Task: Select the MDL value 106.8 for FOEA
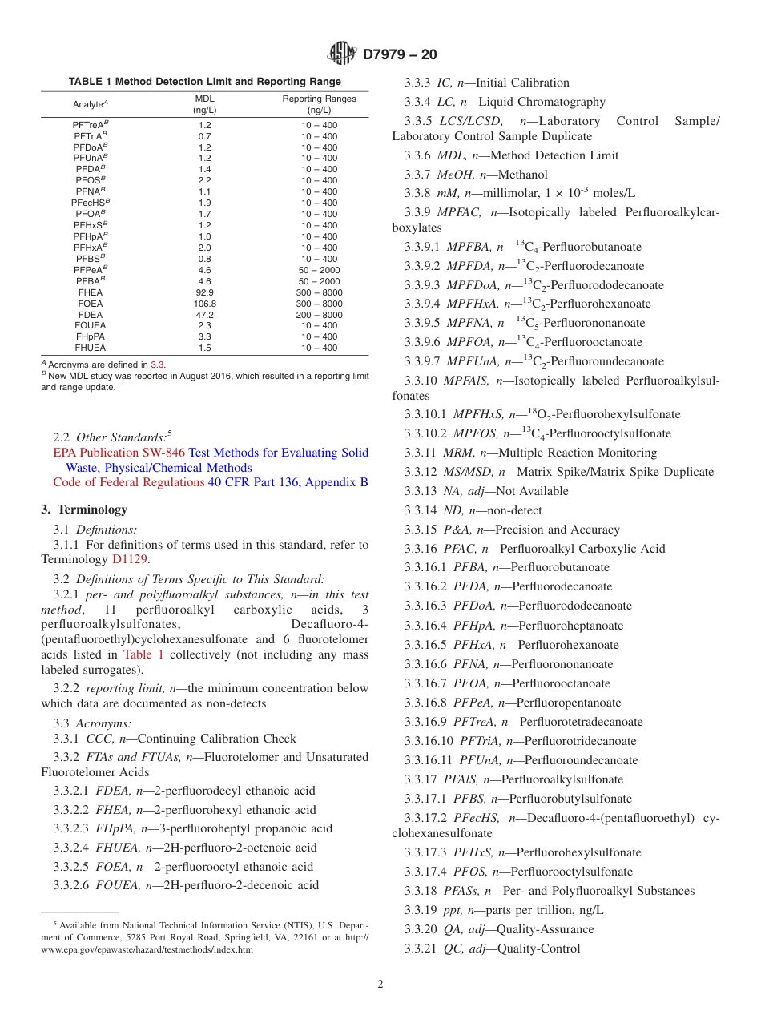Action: pos(204,304)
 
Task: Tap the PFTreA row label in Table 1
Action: pos(90,125)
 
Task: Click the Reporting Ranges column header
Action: pos(319,104)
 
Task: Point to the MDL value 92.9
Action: pos(204,293)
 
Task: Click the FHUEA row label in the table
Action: pos(90,348)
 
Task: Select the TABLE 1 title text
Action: pos(204,82)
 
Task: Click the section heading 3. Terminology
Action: pos(83,509)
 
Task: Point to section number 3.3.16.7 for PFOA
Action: pos(427,683)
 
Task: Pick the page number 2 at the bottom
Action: pos(380,985)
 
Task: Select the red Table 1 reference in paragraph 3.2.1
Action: pos(143,654)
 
